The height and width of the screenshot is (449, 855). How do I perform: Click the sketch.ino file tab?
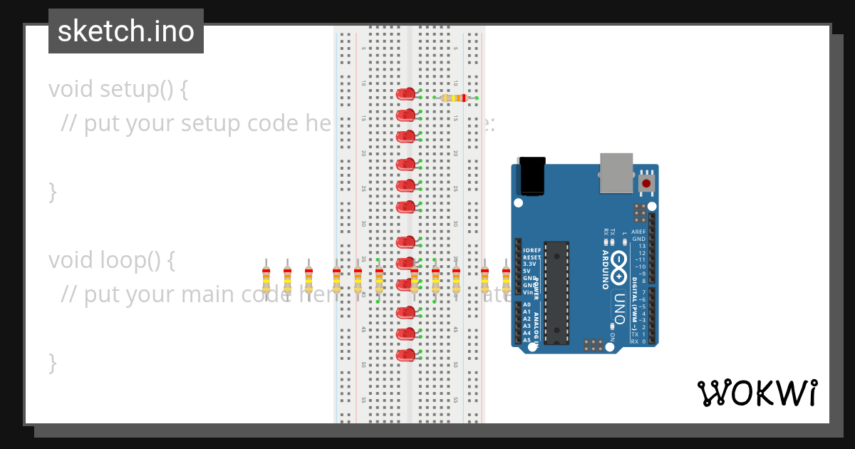[126, 31]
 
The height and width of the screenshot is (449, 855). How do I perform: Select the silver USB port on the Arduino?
[616, 172]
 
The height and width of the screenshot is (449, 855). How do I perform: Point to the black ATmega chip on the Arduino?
[557, 292]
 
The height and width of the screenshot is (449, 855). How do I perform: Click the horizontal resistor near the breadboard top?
[454, 98]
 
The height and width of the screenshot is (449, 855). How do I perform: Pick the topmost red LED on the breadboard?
[405, 93]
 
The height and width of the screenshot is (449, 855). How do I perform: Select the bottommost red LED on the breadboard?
[405, 354]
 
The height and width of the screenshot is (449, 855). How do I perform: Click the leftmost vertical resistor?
[266, 279]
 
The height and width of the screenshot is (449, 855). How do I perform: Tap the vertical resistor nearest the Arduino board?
[506, 279]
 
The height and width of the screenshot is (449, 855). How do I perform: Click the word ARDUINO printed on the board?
[605, 269]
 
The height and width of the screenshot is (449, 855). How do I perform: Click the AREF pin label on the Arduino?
[638, 232]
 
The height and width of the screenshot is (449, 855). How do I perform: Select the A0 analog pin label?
[527, 305]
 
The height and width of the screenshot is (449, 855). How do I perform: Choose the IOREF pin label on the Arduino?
[532, 251]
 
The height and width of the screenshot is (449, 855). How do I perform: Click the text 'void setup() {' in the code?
[118, 89]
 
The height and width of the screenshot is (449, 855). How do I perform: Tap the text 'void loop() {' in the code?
[111, 260]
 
